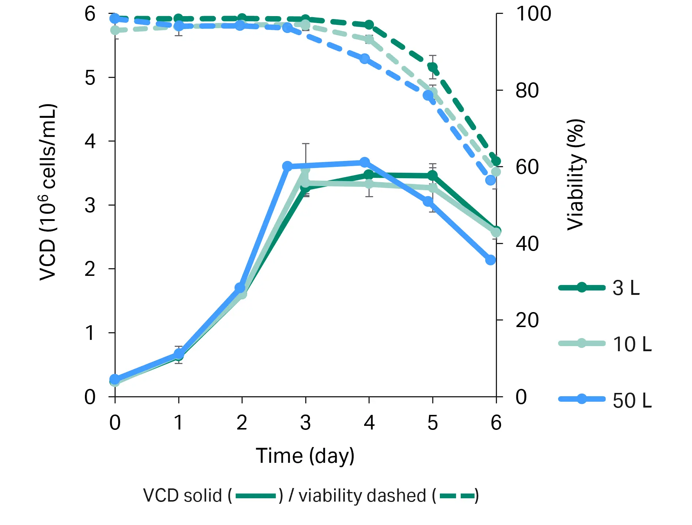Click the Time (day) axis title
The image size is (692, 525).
click(x=305, y=456)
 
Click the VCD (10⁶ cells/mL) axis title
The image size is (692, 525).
click(x=48, y=192)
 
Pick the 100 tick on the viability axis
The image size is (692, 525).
click(x=533, y=14)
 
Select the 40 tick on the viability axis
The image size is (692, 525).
click(x=527, y=244)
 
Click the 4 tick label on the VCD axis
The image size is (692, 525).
click(x=90, y=141)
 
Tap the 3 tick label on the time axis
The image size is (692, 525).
click(x=305, y=423)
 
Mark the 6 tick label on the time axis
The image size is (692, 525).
click(x=496, y=423)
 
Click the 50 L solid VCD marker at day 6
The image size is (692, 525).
click(x=490, y=260)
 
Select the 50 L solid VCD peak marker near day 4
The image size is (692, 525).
click(x=364, y=162)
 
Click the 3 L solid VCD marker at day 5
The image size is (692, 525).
click(x=433, y=176)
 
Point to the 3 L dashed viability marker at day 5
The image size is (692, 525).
click(x=433, y=67)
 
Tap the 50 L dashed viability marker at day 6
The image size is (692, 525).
click(x=490, y=180)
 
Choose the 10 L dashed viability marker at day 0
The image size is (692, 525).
click(x=115, y=30)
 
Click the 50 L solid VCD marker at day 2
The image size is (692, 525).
click(x=240, y=288)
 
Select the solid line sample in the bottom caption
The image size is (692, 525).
click(x=255, y=496)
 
